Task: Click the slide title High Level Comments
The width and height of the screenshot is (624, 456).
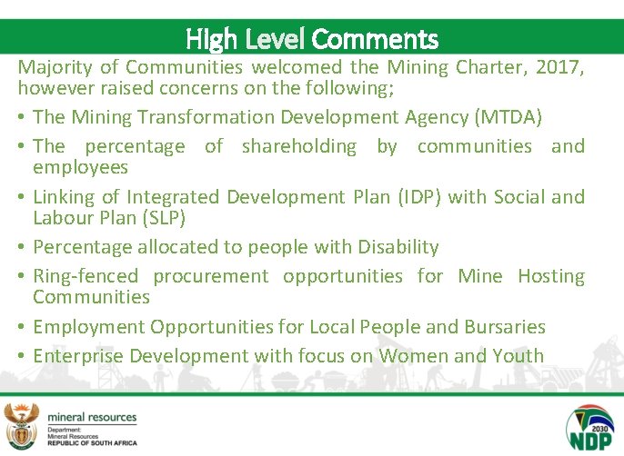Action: (x=312, y=39)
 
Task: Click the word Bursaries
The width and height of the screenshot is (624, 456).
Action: (x=503, y=327)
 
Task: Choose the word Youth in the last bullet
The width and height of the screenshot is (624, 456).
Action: (x=518, y=356)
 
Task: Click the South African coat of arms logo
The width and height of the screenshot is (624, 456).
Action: (x=22, y=424)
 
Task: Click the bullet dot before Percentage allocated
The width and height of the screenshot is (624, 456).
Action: (x=22, y=248)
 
